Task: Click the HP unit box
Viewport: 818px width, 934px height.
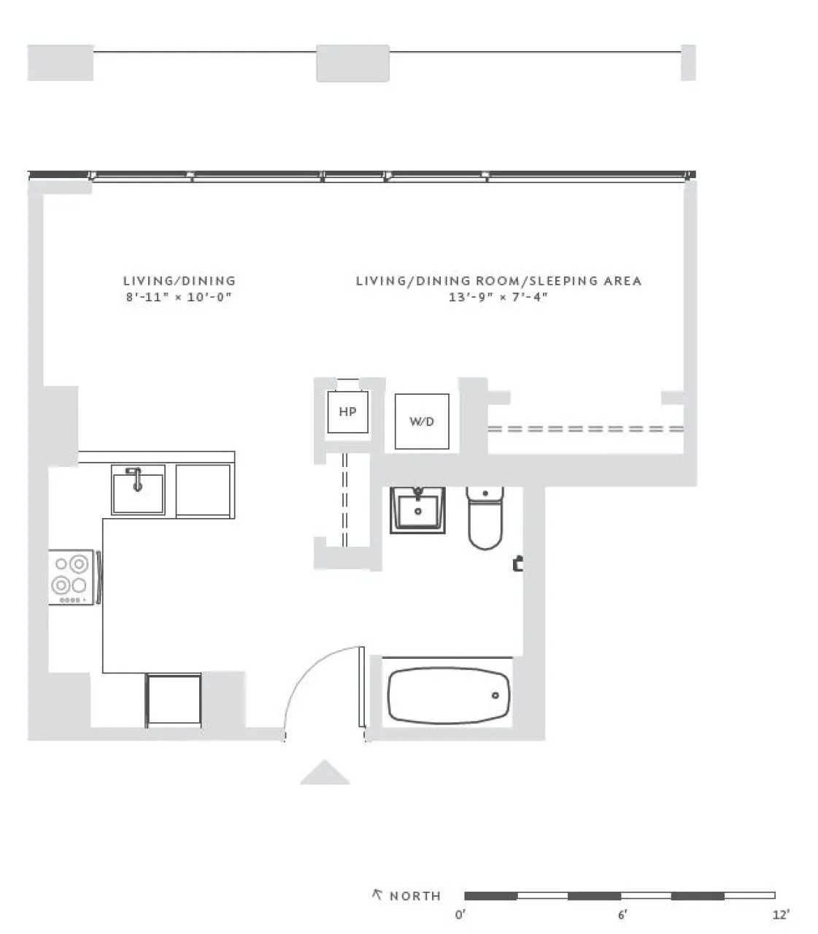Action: [x=347, y=412]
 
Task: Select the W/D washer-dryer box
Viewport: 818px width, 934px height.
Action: [x=421, y=422]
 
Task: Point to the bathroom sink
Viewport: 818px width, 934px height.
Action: [x=417, y=509]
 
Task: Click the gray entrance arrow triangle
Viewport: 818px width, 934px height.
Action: [x=325, y=773]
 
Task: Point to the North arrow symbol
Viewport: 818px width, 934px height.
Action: [x=377, y=895]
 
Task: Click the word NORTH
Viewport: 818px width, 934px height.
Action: [x=415, y=896]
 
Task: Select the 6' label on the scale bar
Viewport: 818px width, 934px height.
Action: [x=622, y=915]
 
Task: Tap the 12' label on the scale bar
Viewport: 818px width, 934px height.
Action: [x=782, y=915]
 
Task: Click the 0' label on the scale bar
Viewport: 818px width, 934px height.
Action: [x=460, y=915]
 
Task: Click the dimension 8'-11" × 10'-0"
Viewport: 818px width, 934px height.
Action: [x=179, y=297]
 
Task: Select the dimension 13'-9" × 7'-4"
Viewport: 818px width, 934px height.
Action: [x=498, y=297]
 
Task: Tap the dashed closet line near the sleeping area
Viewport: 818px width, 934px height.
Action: [x=585, y=428]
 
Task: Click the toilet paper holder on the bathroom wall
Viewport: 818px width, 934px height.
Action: [x=518, y=563]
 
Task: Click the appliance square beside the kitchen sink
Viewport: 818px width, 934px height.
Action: [x=204, y=491]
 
